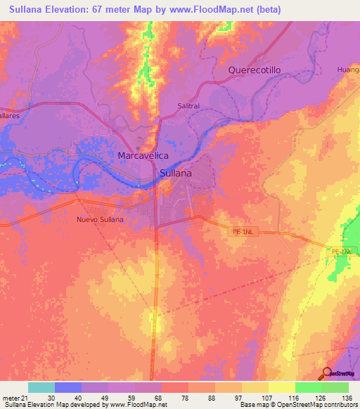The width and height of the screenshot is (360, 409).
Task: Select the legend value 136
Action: point(347,398)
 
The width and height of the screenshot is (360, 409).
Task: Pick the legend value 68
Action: point(159,398)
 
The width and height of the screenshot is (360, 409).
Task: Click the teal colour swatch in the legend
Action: point(41,387)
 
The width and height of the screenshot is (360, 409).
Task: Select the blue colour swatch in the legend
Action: point(68,387)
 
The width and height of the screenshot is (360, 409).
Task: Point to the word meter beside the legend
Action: point(10,398)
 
